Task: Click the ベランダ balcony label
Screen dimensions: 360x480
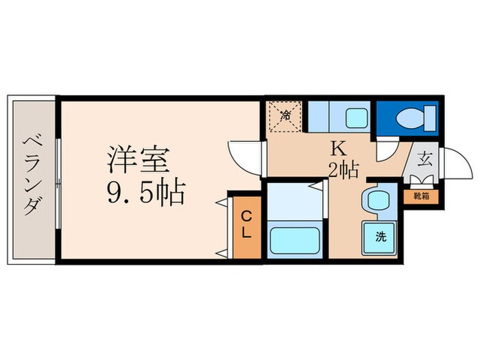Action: (31, 176)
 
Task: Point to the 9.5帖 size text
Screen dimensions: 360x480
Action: (145, 193)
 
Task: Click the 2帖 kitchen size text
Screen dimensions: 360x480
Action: (342, 169)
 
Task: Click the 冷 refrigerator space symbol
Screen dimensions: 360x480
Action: (285, 115)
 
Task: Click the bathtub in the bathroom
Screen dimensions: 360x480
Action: (294, 241)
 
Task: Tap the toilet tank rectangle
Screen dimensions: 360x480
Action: (431, 117)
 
